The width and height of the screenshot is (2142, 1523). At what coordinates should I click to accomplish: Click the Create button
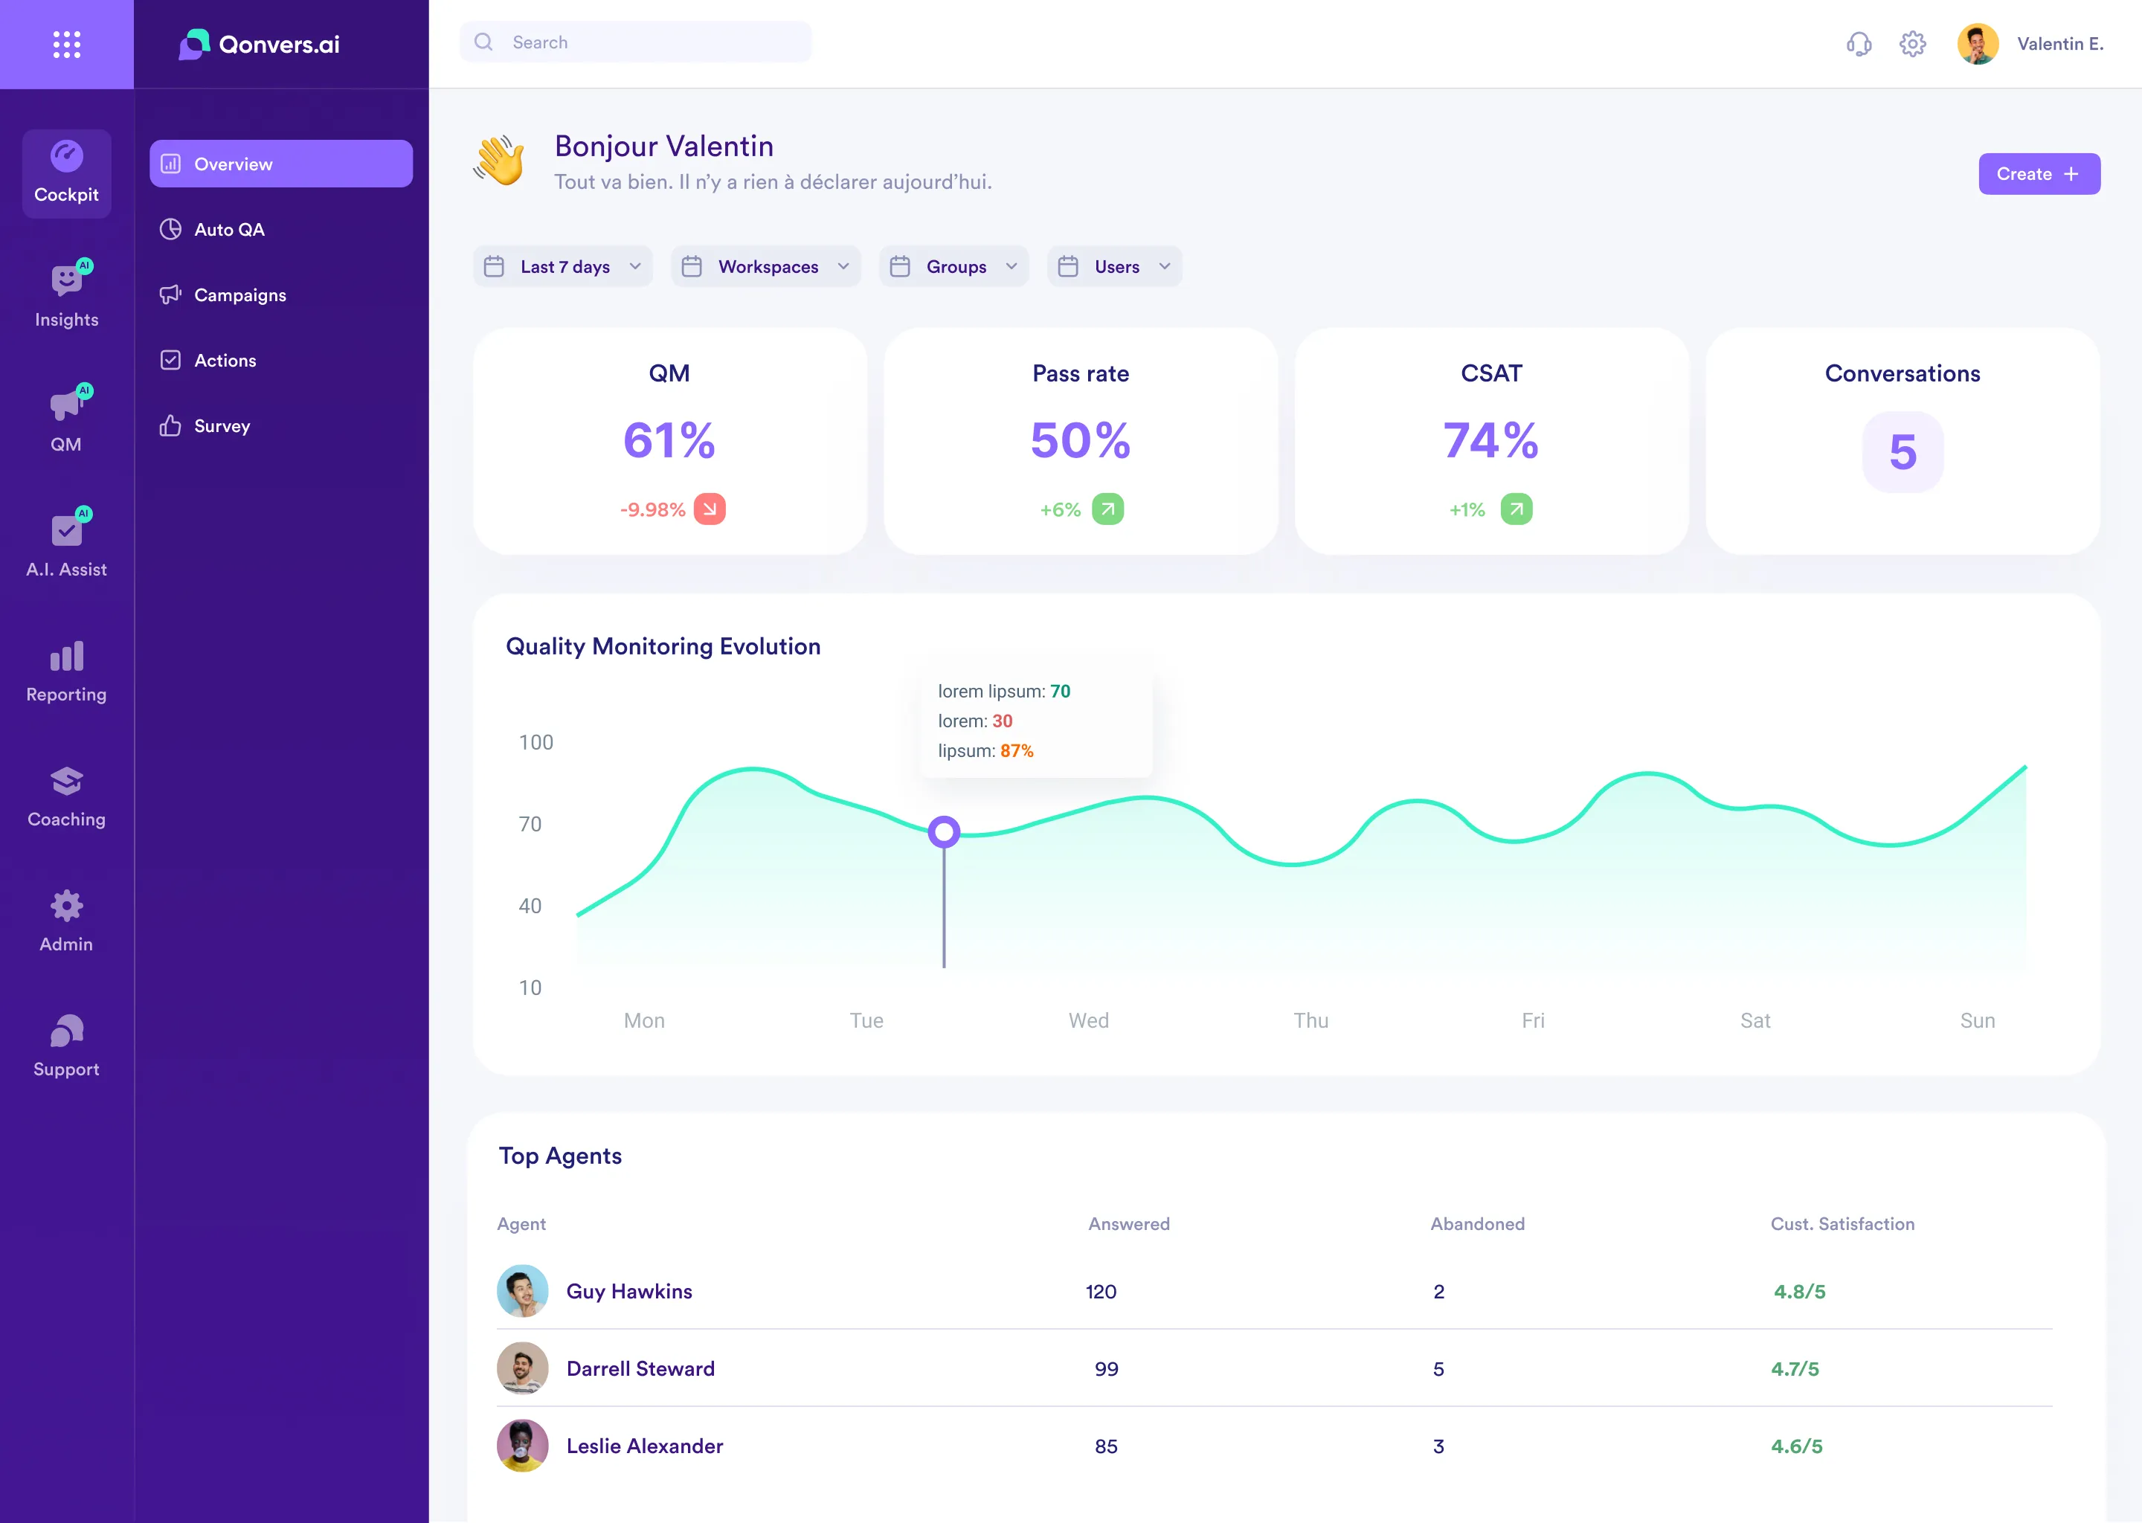click(x=2038, y=175)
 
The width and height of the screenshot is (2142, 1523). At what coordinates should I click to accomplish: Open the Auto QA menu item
click(x=229, y=230)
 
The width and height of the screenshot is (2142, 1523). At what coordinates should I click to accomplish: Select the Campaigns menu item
click(x=239, y=295)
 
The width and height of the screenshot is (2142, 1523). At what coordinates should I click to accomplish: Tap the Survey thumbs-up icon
click(x=170, y=426)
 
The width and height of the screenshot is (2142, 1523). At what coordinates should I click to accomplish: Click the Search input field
click(x=647, y=42)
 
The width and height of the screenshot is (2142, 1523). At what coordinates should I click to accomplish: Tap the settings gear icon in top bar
click(x=1911, y=44)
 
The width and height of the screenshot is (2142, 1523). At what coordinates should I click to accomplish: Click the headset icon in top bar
click(x=1858, y=44)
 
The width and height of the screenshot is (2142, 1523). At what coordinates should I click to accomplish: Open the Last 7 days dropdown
click(x=563, y=267)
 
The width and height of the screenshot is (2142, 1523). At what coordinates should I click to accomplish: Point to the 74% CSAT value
click(x=1490, y=441)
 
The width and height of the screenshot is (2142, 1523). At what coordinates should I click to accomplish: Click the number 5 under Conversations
click(x=1901, y=453)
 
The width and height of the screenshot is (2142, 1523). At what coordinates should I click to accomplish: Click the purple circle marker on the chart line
click(x=944, y=832)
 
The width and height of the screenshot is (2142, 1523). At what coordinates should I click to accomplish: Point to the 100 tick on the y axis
click(x=535, y=743)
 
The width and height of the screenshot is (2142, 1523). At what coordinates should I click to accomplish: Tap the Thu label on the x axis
click(x=1310, y=1020)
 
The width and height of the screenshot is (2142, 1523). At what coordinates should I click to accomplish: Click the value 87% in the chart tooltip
click(x=1016, y=751)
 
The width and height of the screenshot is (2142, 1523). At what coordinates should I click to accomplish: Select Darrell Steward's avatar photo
click(x=522, y=1368)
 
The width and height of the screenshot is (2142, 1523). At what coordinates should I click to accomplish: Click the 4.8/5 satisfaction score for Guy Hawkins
click(x=1798, y=1292)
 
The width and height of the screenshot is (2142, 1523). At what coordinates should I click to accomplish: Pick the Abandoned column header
click(x=1476, y=1224)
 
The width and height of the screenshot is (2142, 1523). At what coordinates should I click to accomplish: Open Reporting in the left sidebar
click(x=67, y=672)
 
